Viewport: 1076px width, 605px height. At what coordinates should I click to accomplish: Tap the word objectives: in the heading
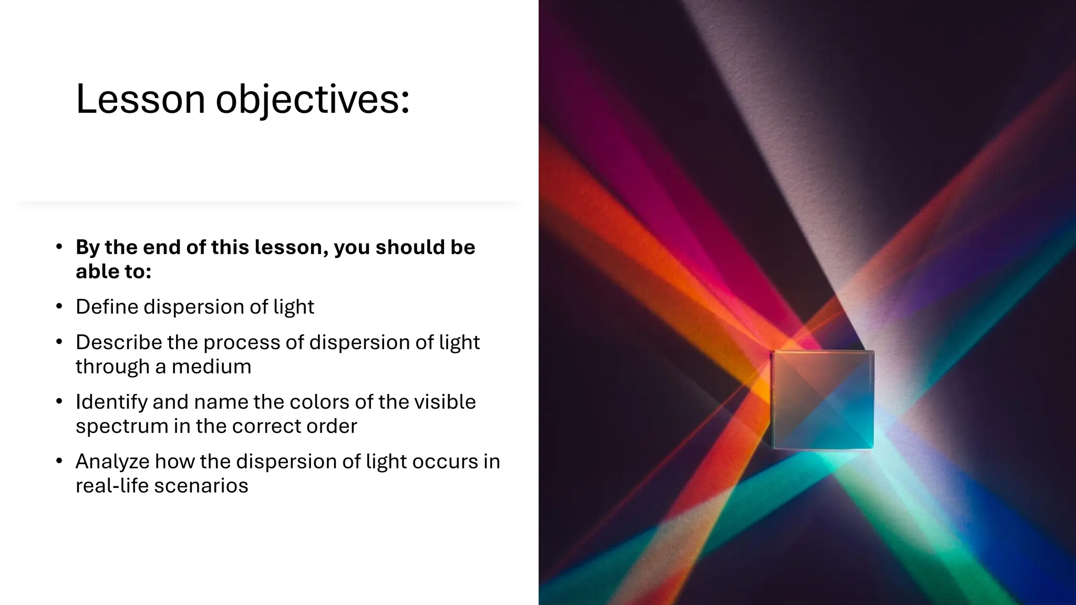click(313, 100)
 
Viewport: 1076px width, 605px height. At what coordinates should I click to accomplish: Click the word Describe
click(119, 342)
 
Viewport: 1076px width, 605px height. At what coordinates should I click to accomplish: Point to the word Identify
click(111, 402)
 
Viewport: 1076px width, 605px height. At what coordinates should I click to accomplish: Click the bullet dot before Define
click(59, 307)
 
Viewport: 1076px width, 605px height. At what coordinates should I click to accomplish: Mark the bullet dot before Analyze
click(59, 462)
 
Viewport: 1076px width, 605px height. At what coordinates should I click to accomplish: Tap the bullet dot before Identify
click(59, 402)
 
